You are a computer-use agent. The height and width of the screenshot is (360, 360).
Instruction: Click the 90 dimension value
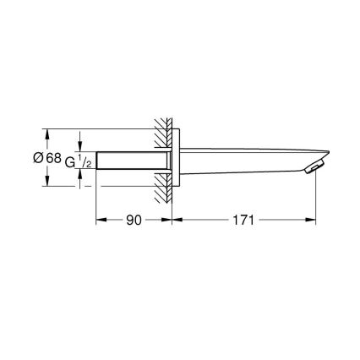coord(132,221)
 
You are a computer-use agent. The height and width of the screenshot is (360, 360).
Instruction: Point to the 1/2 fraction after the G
coord(85,161)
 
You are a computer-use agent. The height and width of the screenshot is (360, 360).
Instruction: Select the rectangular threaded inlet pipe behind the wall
coord(133,160)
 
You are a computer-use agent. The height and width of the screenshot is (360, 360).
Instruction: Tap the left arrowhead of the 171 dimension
coord(177,221)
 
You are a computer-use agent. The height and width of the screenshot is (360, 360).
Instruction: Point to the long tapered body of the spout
coord(245,156)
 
